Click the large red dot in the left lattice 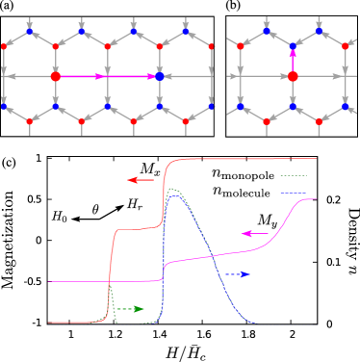pyautogui.click(x=56, y=75)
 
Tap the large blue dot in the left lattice pyautogui.click(x=159, y=75)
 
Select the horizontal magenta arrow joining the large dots pyautogui.click(x=107, y=75)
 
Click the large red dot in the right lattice pyautogui.click(x=293, y=75)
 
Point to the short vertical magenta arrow pyautogui.click(x=293, y=60)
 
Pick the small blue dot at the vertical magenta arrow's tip pyautogui.click(x=293, y=45)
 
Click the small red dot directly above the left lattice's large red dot pyautogui.click(x=56, y=45)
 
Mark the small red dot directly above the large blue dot pyautogui.click(x=159, y=45)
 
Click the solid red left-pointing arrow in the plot pyautogui.click(x=141, y=180)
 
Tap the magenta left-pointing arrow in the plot pyautogui.click(x=254, y=233)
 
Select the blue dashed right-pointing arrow pyautogui.click(x=237, y=274)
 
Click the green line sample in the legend pyautogui.click(x=293, y=176)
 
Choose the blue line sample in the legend pyautogui.click(x=293, y=194)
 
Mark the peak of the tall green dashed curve pyautogui.click(x=172, y=190)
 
